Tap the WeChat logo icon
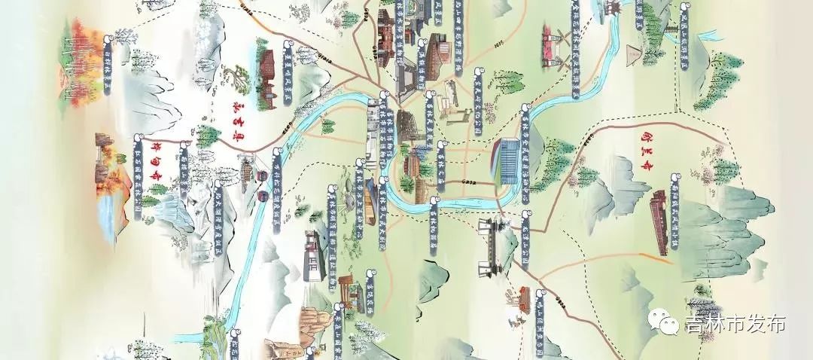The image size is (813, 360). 668,324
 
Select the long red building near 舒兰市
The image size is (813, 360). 659,223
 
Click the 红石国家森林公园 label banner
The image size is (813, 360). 138,177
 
